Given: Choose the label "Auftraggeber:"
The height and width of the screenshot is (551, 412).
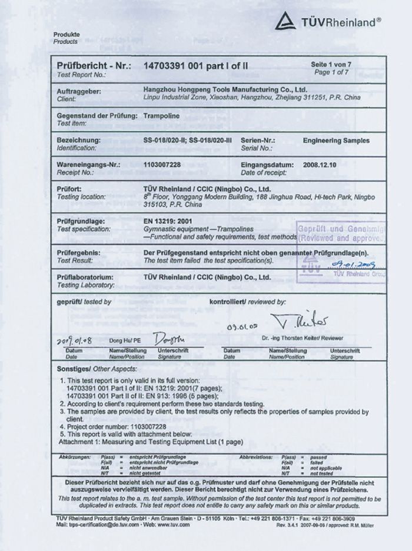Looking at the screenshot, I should pos(79,92).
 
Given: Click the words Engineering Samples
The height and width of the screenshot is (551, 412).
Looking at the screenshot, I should pos(335,141).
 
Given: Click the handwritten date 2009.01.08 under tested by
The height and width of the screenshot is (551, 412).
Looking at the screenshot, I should pos(82,340).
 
